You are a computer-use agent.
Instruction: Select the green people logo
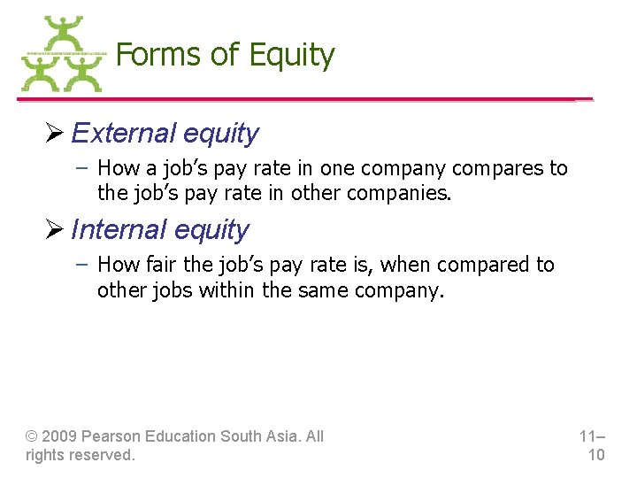61,55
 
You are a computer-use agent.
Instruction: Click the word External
124,134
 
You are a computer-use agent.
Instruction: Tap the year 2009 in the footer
61,436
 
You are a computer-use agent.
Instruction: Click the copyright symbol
32,436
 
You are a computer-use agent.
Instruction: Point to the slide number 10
595,455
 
